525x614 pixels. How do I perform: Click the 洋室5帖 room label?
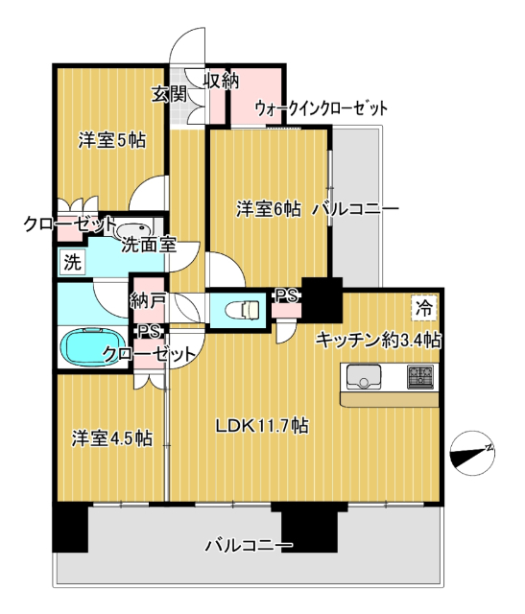pos(112,140)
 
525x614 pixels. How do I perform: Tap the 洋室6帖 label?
pos(269,208)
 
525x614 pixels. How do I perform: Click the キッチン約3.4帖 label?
pos(379,339)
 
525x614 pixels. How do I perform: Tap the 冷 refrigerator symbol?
pos(422,307)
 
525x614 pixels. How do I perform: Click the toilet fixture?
pos(241,310)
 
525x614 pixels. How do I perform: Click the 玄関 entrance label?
pos(169,94)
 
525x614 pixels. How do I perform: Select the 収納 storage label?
pos(220,81)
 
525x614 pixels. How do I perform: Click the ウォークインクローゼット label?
pos(321,108)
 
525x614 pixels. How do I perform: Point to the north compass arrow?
pos(474,455)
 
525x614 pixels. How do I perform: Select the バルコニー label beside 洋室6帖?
pos(355,208)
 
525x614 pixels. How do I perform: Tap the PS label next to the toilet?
pos(285,296)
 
